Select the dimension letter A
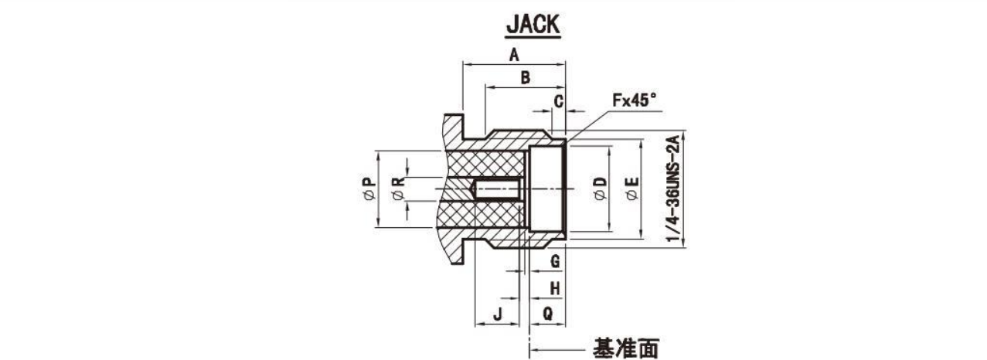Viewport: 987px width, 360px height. [x=514, y=55]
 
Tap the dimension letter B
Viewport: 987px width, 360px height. [x=526, y=78]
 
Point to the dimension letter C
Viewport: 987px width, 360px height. [x=558, y=102]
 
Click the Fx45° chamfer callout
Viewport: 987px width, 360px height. [x=634, y=100]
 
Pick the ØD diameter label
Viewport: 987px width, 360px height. [x=600, y=188]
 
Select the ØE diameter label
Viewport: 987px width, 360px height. [x=632, y=188]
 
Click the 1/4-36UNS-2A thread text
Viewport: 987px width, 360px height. [x=673, y=188]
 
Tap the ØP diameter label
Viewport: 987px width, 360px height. [x=369, y=188]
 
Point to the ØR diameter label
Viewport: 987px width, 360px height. [x=398, y=188]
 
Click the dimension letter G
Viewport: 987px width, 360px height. [x=555, y=261]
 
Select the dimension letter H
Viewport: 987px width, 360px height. [x=555, y=289]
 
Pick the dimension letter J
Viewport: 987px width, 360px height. [x=498, y=314]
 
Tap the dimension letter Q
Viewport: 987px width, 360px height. [x=548, y=314]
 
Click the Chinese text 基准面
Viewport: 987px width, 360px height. [x=625, y=349]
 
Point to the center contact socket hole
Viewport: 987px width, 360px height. [x=498, y=189]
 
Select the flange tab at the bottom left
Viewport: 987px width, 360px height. [x=454, y=251]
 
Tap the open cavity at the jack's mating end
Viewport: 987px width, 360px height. [x=546, y=189]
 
